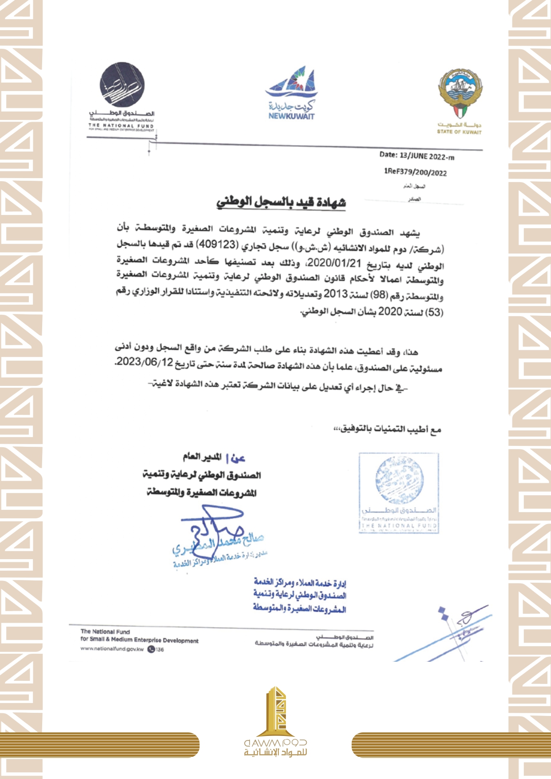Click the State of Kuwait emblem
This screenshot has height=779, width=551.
pyautogui.click(x=460, y=93)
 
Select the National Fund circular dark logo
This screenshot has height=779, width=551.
pyautogui.click(x=122, y=85)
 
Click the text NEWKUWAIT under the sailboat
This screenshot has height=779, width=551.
pyautogui.click(x=291, y=116)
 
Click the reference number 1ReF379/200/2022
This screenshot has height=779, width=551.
pyautogui.click(x=415, y=172)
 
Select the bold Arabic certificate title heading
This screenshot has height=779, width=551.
pyautogui.click(x=281, y=202)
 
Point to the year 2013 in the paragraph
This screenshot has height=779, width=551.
pyautogui.click(x=335, y=294)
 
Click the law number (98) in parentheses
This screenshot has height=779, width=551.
pyautogui.click(x=380, y=295)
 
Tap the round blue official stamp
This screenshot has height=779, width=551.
pyautogui.click(x=399, y=480)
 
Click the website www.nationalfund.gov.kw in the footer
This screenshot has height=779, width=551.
pyautogui.click(x=112, y=649)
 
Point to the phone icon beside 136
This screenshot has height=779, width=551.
pyautogui.click(x=151, y=649)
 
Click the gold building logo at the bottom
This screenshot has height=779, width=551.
pyautogui.click(x=276, y=711)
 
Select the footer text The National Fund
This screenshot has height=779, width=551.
pyautogui.click(x=105, y=631)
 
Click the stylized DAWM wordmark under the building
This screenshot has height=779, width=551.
pyautogui.click(x=275, y=742)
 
